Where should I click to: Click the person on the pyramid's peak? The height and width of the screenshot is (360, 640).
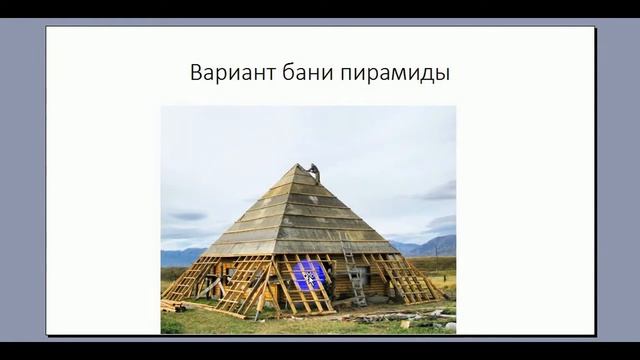tap(313, 171)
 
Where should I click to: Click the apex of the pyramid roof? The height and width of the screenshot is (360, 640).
tap(299, 166)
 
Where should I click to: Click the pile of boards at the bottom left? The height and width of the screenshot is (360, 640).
tap(172, 304)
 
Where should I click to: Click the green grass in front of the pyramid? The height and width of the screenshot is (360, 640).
tap(300, 322)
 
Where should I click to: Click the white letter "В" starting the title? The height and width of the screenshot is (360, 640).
tap(194, 74)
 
